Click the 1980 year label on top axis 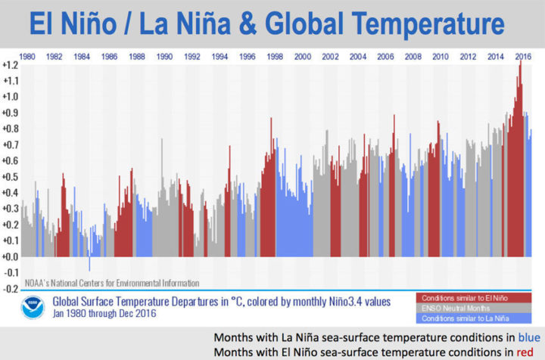click(x=27, y=57)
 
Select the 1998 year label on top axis click(x=274, y=57)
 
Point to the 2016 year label click(x=522, y=57)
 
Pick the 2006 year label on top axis click(x=385, y=57)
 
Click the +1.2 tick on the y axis click(x=10, y=65)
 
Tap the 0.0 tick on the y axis click(x=11, y=257)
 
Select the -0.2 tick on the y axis click(x=11, y=289)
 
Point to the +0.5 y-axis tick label click(x=10, y=177)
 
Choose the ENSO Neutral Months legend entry click(x=454, y=308)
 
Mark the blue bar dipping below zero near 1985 click(x=89, y=264)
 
